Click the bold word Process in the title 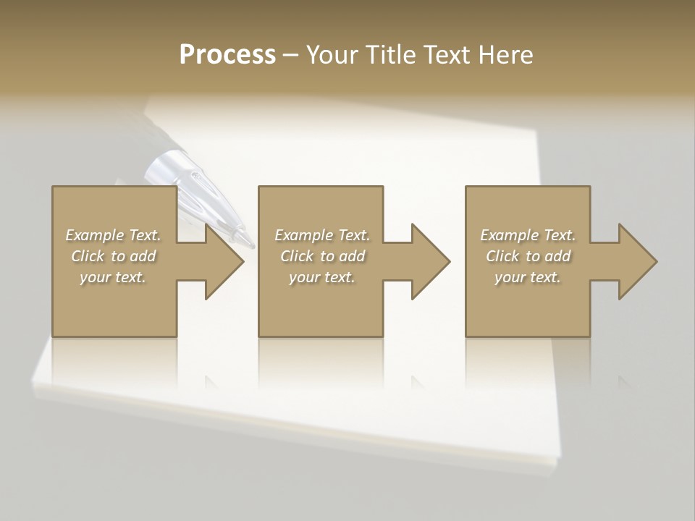pos(227,55)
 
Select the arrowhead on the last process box pos(636,261)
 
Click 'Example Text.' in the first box pos(113,235)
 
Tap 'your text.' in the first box pos(113,277)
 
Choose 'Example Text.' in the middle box pos(322,235)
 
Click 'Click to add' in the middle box pos(322,256)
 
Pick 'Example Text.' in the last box pos(528,235)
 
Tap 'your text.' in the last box pos(528,277)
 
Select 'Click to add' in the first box pos(113,256)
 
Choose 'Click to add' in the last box pos(528,256)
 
